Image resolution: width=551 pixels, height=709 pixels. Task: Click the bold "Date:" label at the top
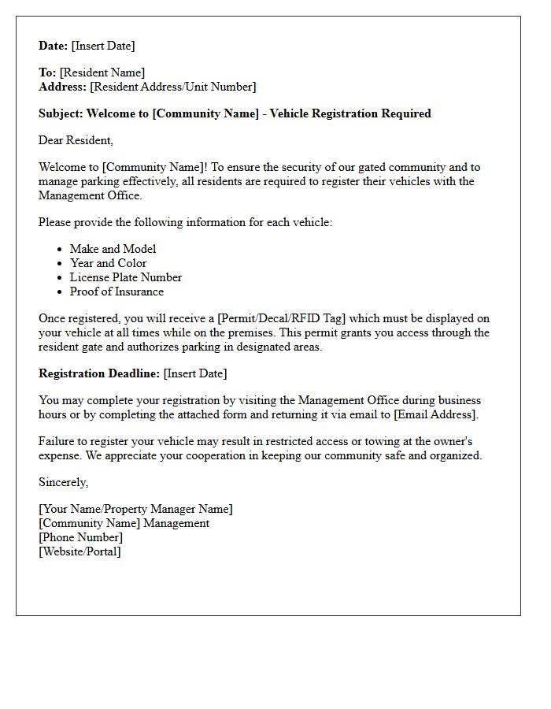[x=54, y=46]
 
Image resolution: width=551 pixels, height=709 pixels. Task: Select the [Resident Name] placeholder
[x=102, y=72]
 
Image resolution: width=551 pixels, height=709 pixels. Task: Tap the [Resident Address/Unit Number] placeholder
[x=173, y=87]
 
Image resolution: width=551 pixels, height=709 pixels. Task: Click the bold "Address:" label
[x=63, y=87]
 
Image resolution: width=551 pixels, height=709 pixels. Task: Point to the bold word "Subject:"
[x=61, y=113]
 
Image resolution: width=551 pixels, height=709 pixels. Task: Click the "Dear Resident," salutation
[x=76, y=140]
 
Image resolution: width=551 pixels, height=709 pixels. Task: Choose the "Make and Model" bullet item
[x=113, y=249]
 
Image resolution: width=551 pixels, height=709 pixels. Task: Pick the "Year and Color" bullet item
[x=108, y=263]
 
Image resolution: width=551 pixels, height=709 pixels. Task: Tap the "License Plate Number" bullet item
[x=126, y=277]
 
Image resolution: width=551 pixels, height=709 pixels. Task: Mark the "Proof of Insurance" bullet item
[x=116, y=291]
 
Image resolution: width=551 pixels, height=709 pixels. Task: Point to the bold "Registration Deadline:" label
[x=99, y=373]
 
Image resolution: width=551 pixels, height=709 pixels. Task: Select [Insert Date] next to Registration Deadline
[x=195, y=373]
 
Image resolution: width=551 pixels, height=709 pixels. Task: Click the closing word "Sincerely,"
[x=64, y=482]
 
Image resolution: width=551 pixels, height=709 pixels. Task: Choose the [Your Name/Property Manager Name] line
[x=135, y=509]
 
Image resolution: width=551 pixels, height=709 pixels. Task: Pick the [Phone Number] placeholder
[x=80, y=537]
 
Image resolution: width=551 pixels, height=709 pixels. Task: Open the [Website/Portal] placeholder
[x=80, y=551]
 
